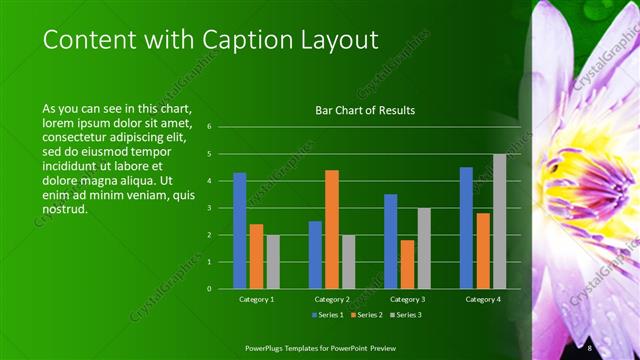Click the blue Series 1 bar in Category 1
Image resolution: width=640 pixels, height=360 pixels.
(x=240, y=230)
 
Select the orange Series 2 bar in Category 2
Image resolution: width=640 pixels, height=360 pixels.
(x=332, y=229)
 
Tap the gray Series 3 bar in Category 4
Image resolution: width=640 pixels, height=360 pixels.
(x=499, y=221)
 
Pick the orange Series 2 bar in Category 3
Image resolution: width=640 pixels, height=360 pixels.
(x=407, y=264)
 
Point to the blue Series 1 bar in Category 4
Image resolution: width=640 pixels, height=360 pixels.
(x=466, y=227)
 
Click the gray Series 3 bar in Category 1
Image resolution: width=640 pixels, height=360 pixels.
(x=273, y=261)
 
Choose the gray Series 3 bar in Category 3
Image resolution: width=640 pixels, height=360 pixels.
(x=424, y=248)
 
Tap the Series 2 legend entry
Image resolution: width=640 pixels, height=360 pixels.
(x=365, y=315)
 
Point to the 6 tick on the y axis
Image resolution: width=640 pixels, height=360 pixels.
(x=209, y=127)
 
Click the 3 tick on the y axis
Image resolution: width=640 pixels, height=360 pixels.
(x=209, y=208)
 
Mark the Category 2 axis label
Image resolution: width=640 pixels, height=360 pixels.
(x=332, y=299)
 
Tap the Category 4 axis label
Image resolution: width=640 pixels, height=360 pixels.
(x=483, y=299)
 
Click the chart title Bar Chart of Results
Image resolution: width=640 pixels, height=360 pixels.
(x=365, y=110)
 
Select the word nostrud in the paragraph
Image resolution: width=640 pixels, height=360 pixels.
(x=66, y=210)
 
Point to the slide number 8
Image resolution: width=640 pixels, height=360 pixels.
(x=590, y=347)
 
